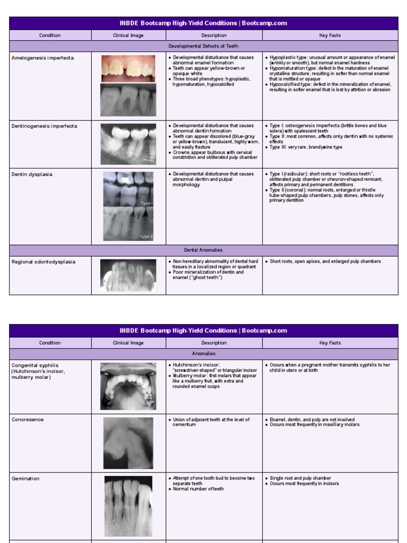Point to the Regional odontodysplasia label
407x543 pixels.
[x=43, y=261]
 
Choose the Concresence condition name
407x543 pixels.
[x=28, y=419]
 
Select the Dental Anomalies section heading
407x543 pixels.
[x=203, y=250]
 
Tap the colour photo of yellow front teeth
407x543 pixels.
[x=128, y=68]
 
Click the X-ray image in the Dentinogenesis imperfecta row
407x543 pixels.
[x=128, y=144]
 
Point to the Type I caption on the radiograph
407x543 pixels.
[x=146, y=203]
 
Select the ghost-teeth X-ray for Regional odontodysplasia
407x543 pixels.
[x=128, y=275]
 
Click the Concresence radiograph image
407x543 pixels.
[x=128, y=443]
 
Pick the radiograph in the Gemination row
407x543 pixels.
[x=128, y=506]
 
